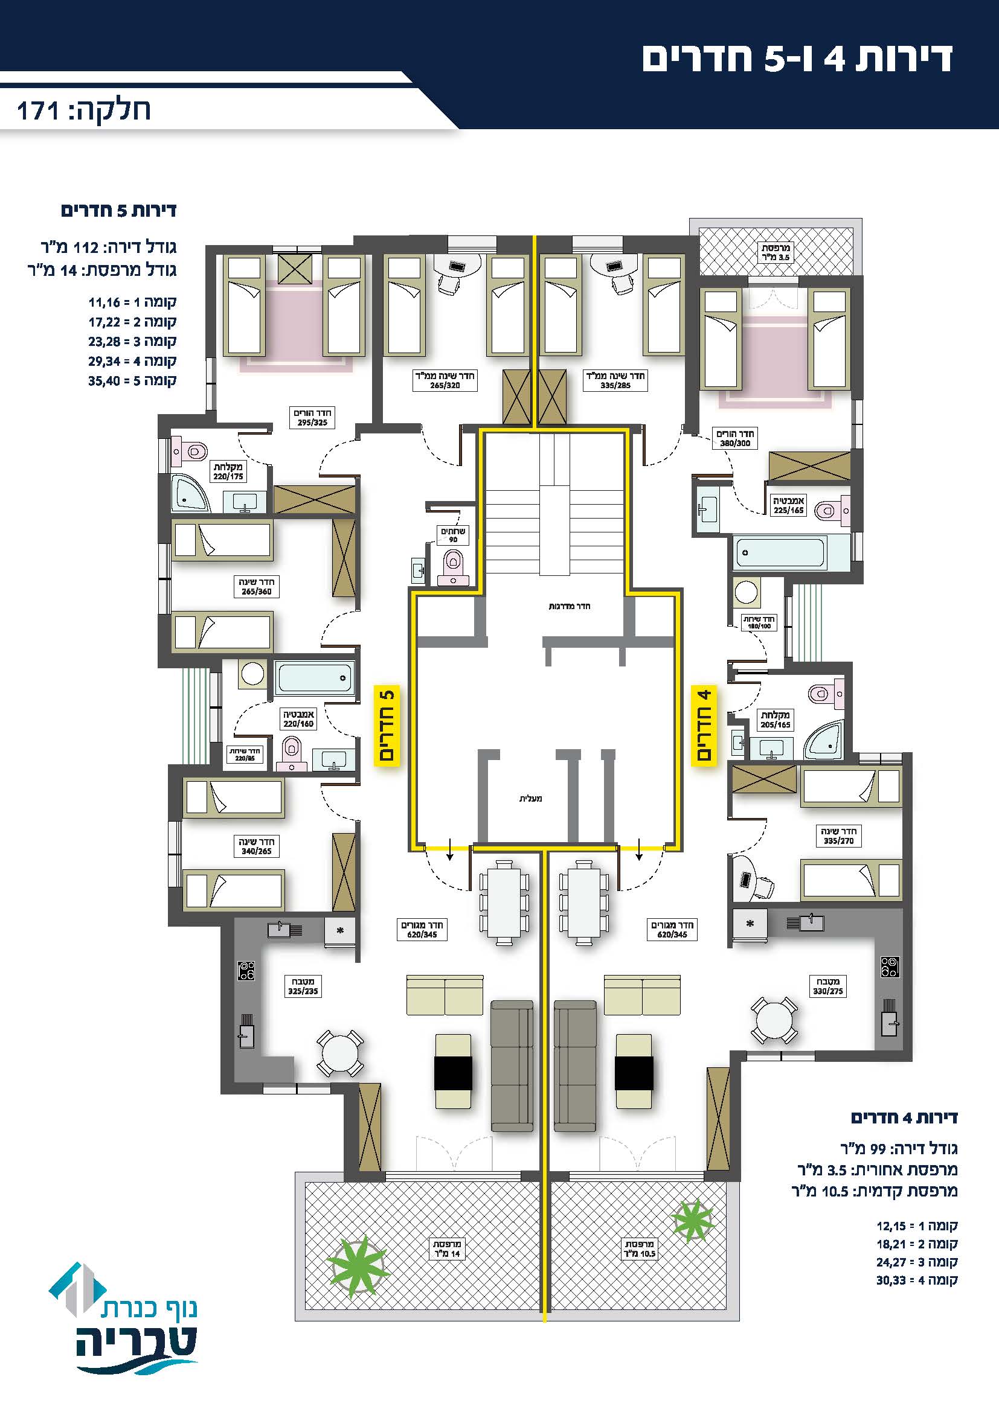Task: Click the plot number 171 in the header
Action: tap(37, 111)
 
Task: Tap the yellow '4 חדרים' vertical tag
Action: tap(704, 725)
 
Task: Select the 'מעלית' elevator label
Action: tap(530, 799)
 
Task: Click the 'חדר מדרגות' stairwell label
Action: tap(569, 606)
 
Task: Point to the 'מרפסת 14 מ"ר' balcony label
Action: tap(447, 1249)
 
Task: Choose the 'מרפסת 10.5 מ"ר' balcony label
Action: tap(640, 1249)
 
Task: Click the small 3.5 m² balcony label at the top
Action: tap(775, 252)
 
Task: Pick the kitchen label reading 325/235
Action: tap(303, 986)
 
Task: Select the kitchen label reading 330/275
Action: tap(827, 986)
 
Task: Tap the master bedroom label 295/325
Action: tap(312, 418)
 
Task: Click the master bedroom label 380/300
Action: tap(735, 438)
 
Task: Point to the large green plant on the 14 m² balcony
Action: tap(357, 1265)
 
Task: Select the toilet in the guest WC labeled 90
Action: tap(454, 566)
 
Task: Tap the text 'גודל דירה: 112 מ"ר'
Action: tap(108, 248)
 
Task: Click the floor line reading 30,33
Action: tap(917, 1281)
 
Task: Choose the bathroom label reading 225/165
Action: tap(789, 505)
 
